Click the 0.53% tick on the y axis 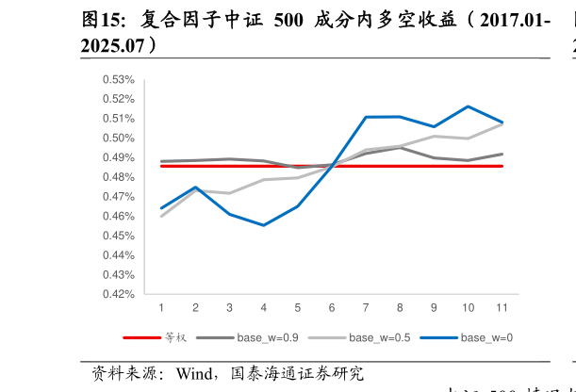(119, 79)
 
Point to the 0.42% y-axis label (119, 294)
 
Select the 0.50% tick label (119, 138)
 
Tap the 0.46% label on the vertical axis (119, 216)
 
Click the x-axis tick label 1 (161, 308)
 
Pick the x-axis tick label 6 (332, 308)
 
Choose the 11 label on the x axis (502, 308)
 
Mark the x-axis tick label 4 (263, 308)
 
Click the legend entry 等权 (176, 336)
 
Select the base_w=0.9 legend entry (268, 336)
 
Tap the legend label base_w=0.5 (379, 336)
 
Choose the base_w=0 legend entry (486, 336)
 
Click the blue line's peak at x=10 (468, 106)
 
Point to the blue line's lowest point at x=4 (263, 225)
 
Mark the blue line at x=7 (366, 117)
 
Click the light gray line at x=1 (161, 216)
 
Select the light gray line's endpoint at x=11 (502, 123)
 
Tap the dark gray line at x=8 (400, 148)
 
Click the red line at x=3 (229, 166)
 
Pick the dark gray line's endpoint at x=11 (502, 154)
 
